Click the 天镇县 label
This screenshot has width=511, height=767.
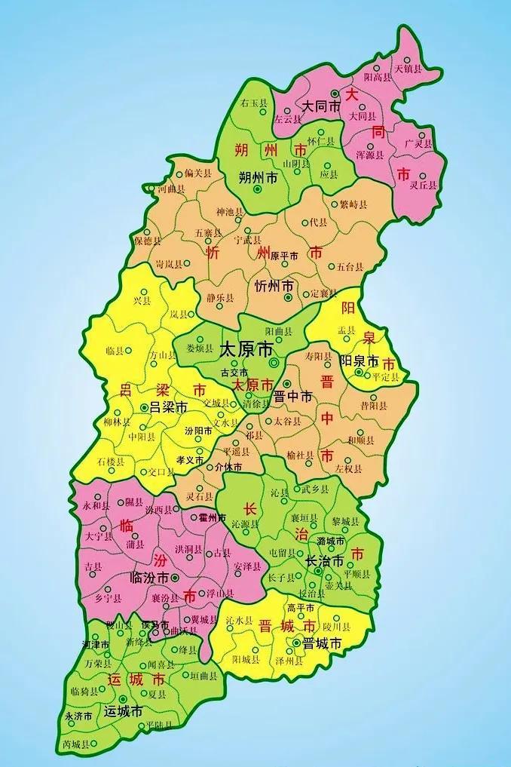(405, 69)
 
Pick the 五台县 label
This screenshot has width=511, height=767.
(350, 267)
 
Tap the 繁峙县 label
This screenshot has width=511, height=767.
(353, 204)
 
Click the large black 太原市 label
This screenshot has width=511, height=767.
(246, 350)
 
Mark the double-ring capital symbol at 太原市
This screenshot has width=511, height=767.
(274, 363)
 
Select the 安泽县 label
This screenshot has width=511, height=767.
(247, 566)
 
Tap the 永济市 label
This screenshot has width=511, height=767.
(78, 716)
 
